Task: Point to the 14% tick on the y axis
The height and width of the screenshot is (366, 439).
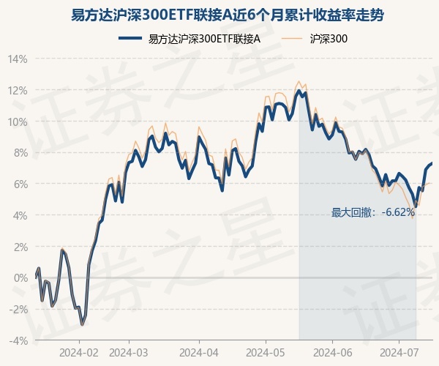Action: [x=18, y=59]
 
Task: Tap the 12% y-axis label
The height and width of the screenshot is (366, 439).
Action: [x=18, y=90]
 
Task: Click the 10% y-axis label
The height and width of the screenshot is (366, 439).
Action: [x=18, y=122]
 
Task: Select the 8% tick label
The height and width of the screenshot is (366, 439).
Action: [x=20, y=153]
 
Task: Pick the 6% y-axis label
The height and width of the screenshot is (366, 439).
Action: [x=20, y=184]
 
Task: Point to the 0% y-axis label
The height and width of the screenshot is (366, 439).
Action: [x=20, y=278]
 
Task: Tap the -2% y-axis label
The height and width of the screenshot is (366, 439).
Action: [x=19, y=310]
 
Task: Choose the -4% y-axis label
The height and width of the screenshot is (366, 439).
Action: [x=19, y=341]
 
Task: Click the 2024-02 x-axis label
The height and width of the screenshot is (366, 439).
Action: [x=79, y=352]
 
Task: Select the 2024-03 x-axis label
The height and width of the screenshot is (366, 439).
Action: [x=128, y=352]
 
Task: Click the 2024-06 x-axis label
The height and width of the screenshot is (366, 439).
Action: [x=332, y=352]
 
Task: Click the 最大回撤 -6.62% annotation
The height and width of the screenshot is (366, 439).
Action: [x=373, y=213]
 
